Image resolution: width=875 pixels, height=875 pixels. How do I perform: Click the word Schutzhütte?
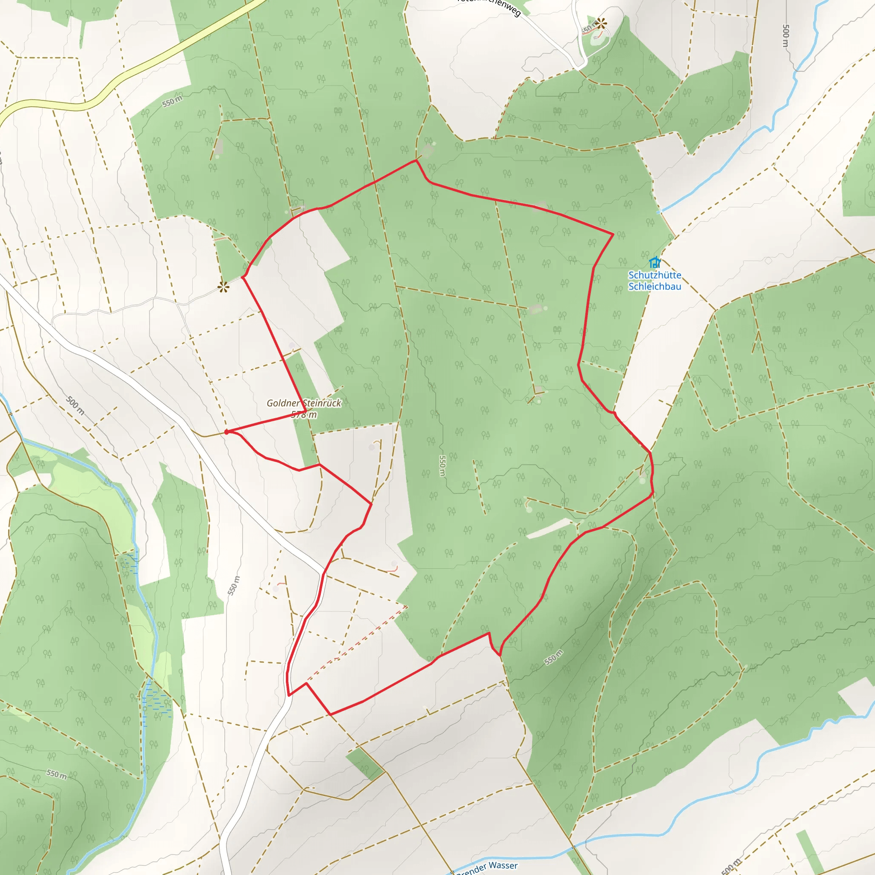[x=655, y=275]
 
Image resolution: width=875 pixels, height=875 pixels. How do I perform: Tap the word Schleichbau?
[x=655, y=286]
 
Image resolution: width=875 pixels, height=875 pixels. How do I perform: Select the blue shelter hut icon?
[x=655, y=262]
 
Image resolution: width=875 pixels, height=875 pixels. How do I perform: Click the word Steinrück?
[x=322, y=403]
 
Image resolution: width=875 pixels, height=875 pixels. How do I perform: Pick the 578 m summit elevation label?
[x=304, y=414]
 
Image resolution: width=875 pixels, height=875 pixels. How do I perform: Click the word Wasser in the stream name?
[x=503, y=865]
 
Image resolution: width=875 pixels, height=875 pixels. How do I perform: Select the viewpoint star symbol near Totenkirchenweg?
[x=602, y=23]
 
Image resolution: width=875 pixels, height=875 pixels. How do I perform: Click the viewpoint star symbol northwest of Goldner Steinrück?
[x=223, y=287]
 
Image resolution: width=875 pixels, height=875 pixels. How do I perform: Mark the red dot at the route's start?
[x=226, y=432]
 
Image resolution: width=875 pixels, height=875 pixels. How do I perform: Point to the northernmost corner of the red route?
[x=416, y=160]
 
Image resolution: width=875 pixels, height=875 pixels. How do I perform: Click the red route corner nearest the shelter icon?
[x=613, y=234]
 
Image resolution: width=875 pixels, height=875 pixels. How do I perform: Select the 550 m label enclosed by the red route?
[x=443, y=466]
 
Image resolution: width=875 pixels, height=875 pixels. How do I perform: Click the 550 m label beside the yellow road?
[x=173, y=102]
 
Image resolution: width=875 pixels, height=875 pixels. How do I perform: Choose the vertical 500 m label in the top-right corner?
[x=786, y=36]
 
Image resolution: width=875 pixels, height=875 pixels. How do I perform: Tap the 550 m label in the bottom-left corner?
[x=57, y=774]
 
